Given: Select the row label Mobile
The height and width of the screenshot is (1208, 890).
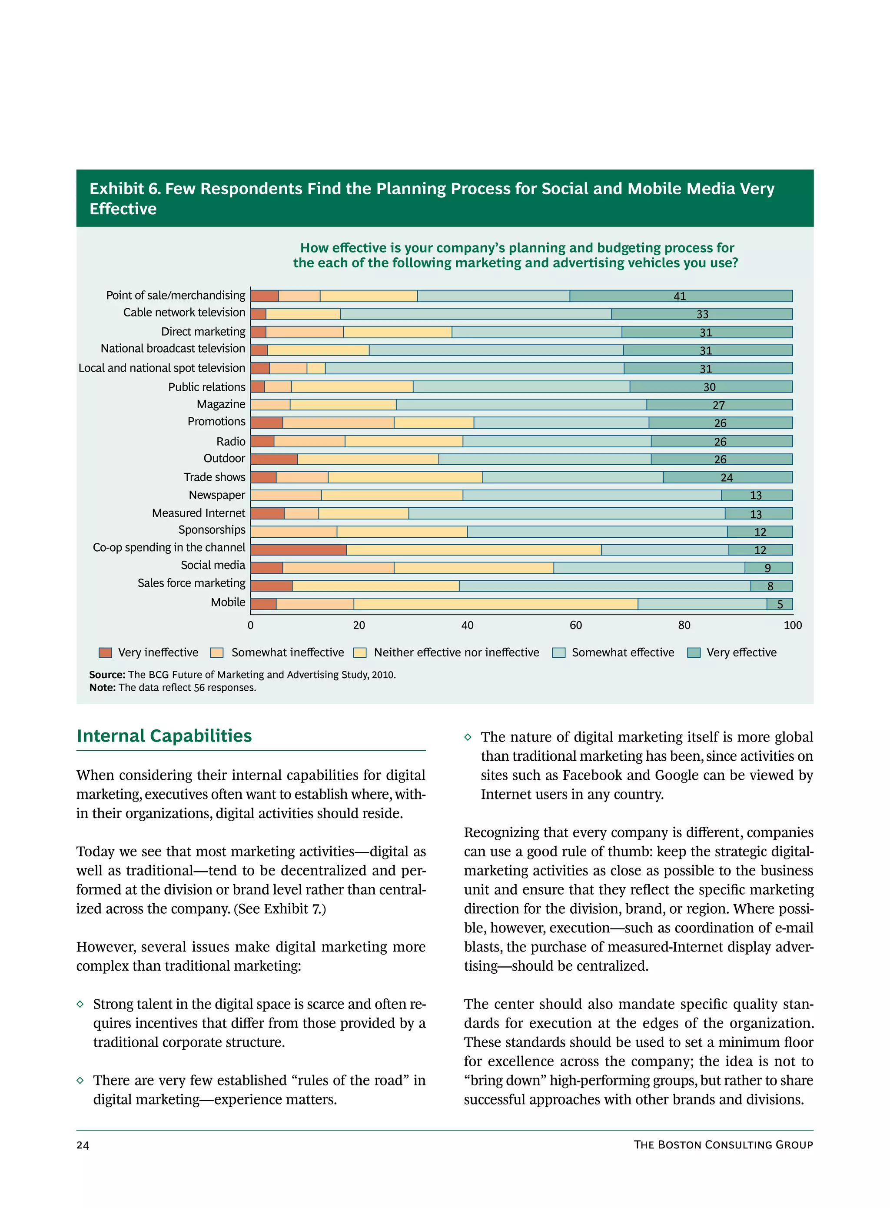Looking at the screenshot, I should (228, 602).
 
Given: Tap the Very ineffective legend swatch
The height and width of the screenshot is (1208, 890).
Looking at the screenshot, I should (105, 652).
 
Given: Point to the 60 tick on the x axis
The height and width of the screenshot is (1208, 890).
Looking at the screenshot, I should (575, 625).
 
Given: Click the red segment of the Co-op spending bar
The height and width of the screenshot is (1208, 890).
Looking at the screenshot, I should (298, 549).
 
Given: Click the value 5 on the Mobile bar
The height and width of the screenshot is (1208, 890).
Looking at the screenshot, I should (780, 605).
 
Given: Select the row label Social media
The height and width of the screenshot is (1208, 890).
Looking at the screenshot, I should (213, 565).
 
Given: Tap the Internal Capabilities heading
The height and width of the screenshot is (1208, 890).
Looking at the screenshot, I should (164, 735).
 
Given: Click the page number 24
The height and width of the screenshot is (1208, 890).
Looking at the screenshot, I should (83, 1145).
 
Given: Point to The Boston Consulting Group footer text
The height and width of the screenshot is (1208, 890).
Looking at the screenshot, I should (723, 1145).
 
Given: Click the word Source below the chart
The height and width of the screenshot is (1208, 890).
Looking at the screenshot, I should (106, 675).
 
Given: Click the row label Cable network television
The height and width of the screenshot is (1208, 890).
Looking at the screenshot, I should (184, 313).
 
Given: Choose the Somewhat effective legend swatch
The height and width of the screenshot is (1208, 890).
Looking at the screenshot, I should (559, 652).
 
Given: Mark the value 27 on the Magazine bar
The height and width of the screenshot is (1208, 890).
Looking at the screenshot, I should (718, 405).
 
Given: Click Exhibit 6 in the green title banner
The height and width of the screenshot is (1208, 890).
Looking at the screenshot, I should (124, 189).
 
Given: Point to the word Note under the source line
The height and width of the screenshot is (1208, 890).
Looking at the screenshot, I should (102, 688).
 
